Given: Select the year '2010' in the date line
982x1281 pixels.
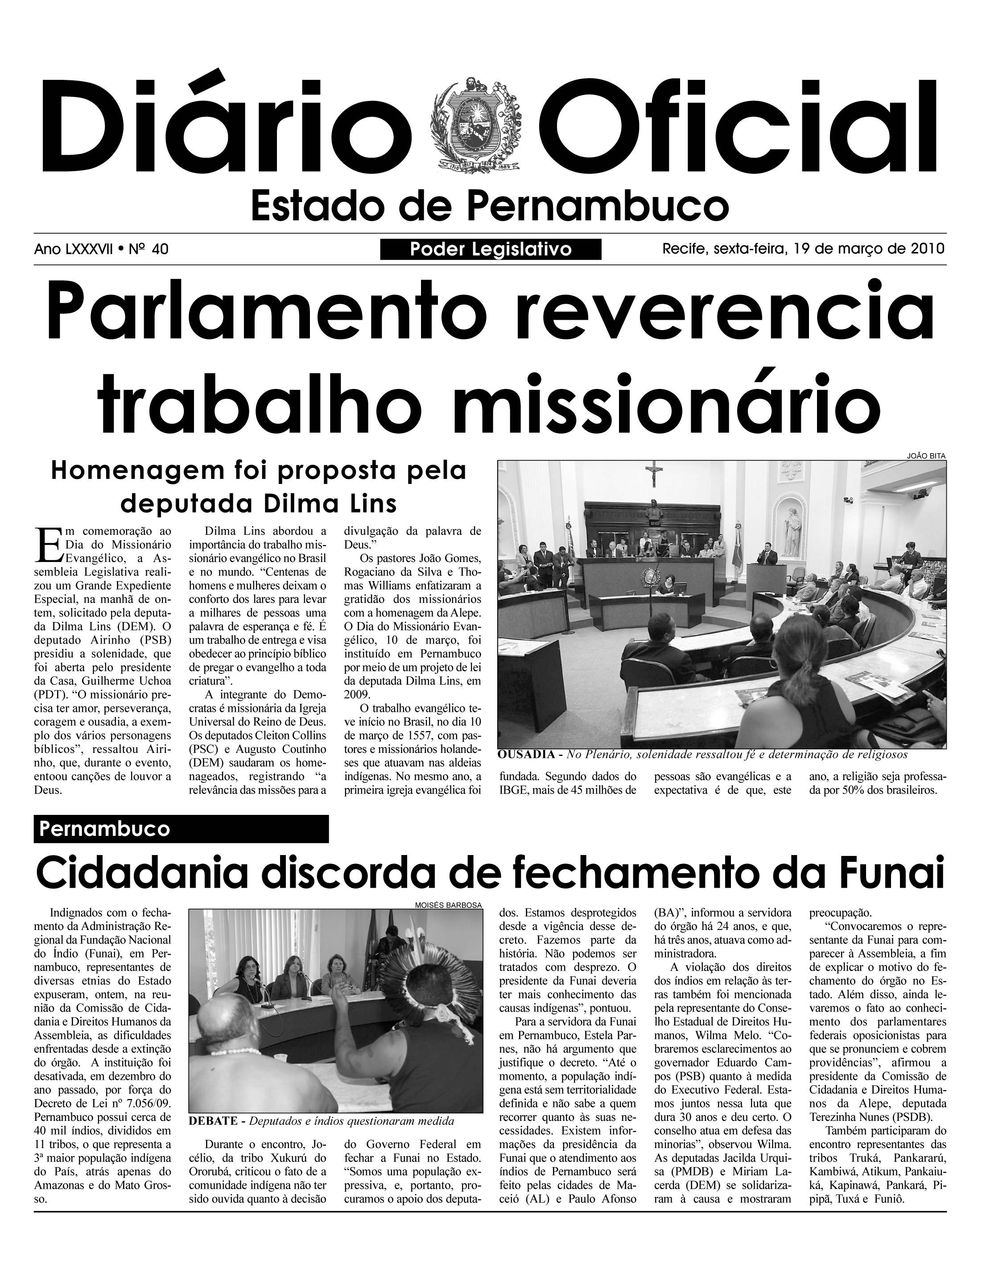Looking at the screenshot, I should click(927, 249).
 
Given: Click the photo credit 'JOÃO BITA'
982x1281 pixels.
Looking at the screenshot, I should click(926, 455).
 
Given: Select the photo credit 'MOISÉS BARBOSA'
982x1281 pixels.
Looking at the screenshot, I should click(448, 905).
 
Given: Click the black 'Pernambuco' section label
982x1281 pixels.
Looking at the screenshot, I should click(181, 829).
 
